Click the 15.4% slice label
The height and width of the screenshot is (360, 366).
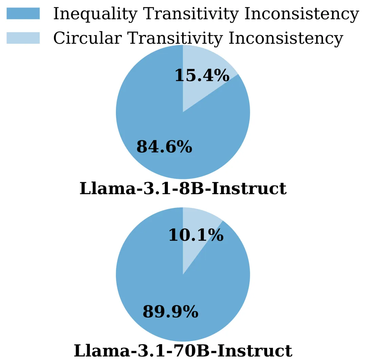pos(202,75)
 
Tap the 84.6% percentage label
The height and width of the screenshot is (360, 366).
pos(164,147)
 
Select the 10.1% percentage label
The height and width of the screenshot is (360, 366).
pos(196,235)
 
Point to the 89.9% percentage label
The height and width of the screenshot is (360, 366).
pos(170,312)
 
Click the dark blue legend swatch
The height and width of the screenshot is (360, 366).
pos(23,14)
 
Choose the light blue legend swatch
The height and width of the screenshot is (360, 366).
pos(23,38)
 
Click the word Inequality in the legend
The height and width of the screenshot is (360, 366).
pos(95,14)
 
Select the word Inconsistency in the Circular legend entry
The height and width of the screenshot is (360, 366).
pos(286,38)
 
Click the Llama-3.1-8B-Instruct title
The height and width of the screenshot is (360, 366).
pos(183,188)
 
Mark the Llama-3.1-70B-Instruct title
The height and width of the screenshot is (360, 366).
pos(183,351)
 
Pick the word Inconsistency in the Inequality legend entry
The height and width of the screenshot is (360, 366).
pos(301,14)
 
